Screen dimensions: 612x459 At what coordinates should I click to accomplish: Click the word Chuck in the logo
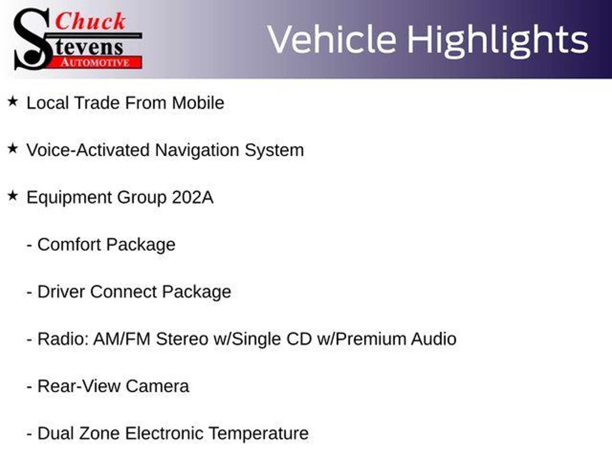point(90,21)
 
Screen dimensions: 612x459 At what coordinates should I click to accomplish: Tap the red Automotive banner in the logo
point(96,62)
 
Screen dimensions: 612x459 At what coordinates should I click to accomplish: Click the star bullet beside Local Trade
point(13,101)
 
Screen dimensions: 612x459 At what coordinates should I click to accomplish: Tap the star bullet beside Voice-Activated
point(13,149)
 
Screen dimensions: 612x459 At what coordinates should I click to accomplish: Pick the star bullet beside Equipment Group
point(13,196)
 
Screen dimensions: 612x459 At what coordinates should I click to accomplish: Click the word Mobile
point(198,103)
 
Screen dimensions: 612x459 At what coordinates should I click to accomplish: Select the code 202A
point(193,197)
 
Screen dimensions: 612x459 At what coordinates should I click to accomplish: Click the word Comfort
point(69,244)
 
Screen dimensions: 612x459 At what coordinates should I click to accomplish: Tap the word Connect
point(123,292)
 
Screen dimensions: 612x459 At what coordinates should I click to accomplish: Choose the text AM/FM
point(122,339)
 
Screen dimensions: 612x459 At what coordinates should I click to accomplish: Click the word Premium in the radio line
point(371,339)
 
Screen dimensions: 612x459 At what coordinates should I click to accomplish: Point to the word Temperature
point(258,434)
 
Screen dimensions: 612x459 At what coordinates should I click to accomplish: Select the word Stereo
point(182,339)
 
